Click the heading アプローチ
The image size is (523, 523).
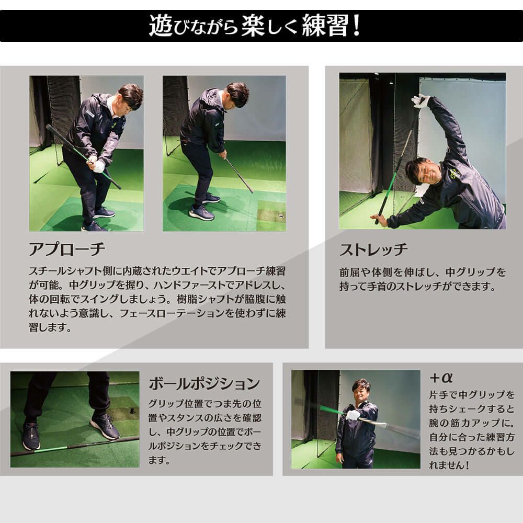pos(67,249)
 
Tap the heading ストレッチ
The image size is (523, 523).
pos(373,249)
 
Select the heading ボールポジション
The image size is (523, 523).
pos(204,383)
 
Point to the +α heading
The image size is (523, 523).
pos(440,378)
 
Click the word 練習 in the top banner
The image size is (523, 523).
pos(328,26)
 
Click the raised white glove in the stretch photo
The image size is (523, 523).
pos(420,101)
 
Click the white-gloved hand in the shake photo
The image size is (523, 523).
pos(354,415)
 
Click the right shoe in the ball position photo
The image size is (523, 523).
pos(105,426)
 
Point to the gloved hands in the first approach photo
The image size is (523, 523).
pos(97,165)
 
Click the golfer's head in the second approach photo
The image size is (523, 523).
pos(236,94)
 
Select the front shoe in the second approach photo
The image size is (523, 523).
pos(201,212)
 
